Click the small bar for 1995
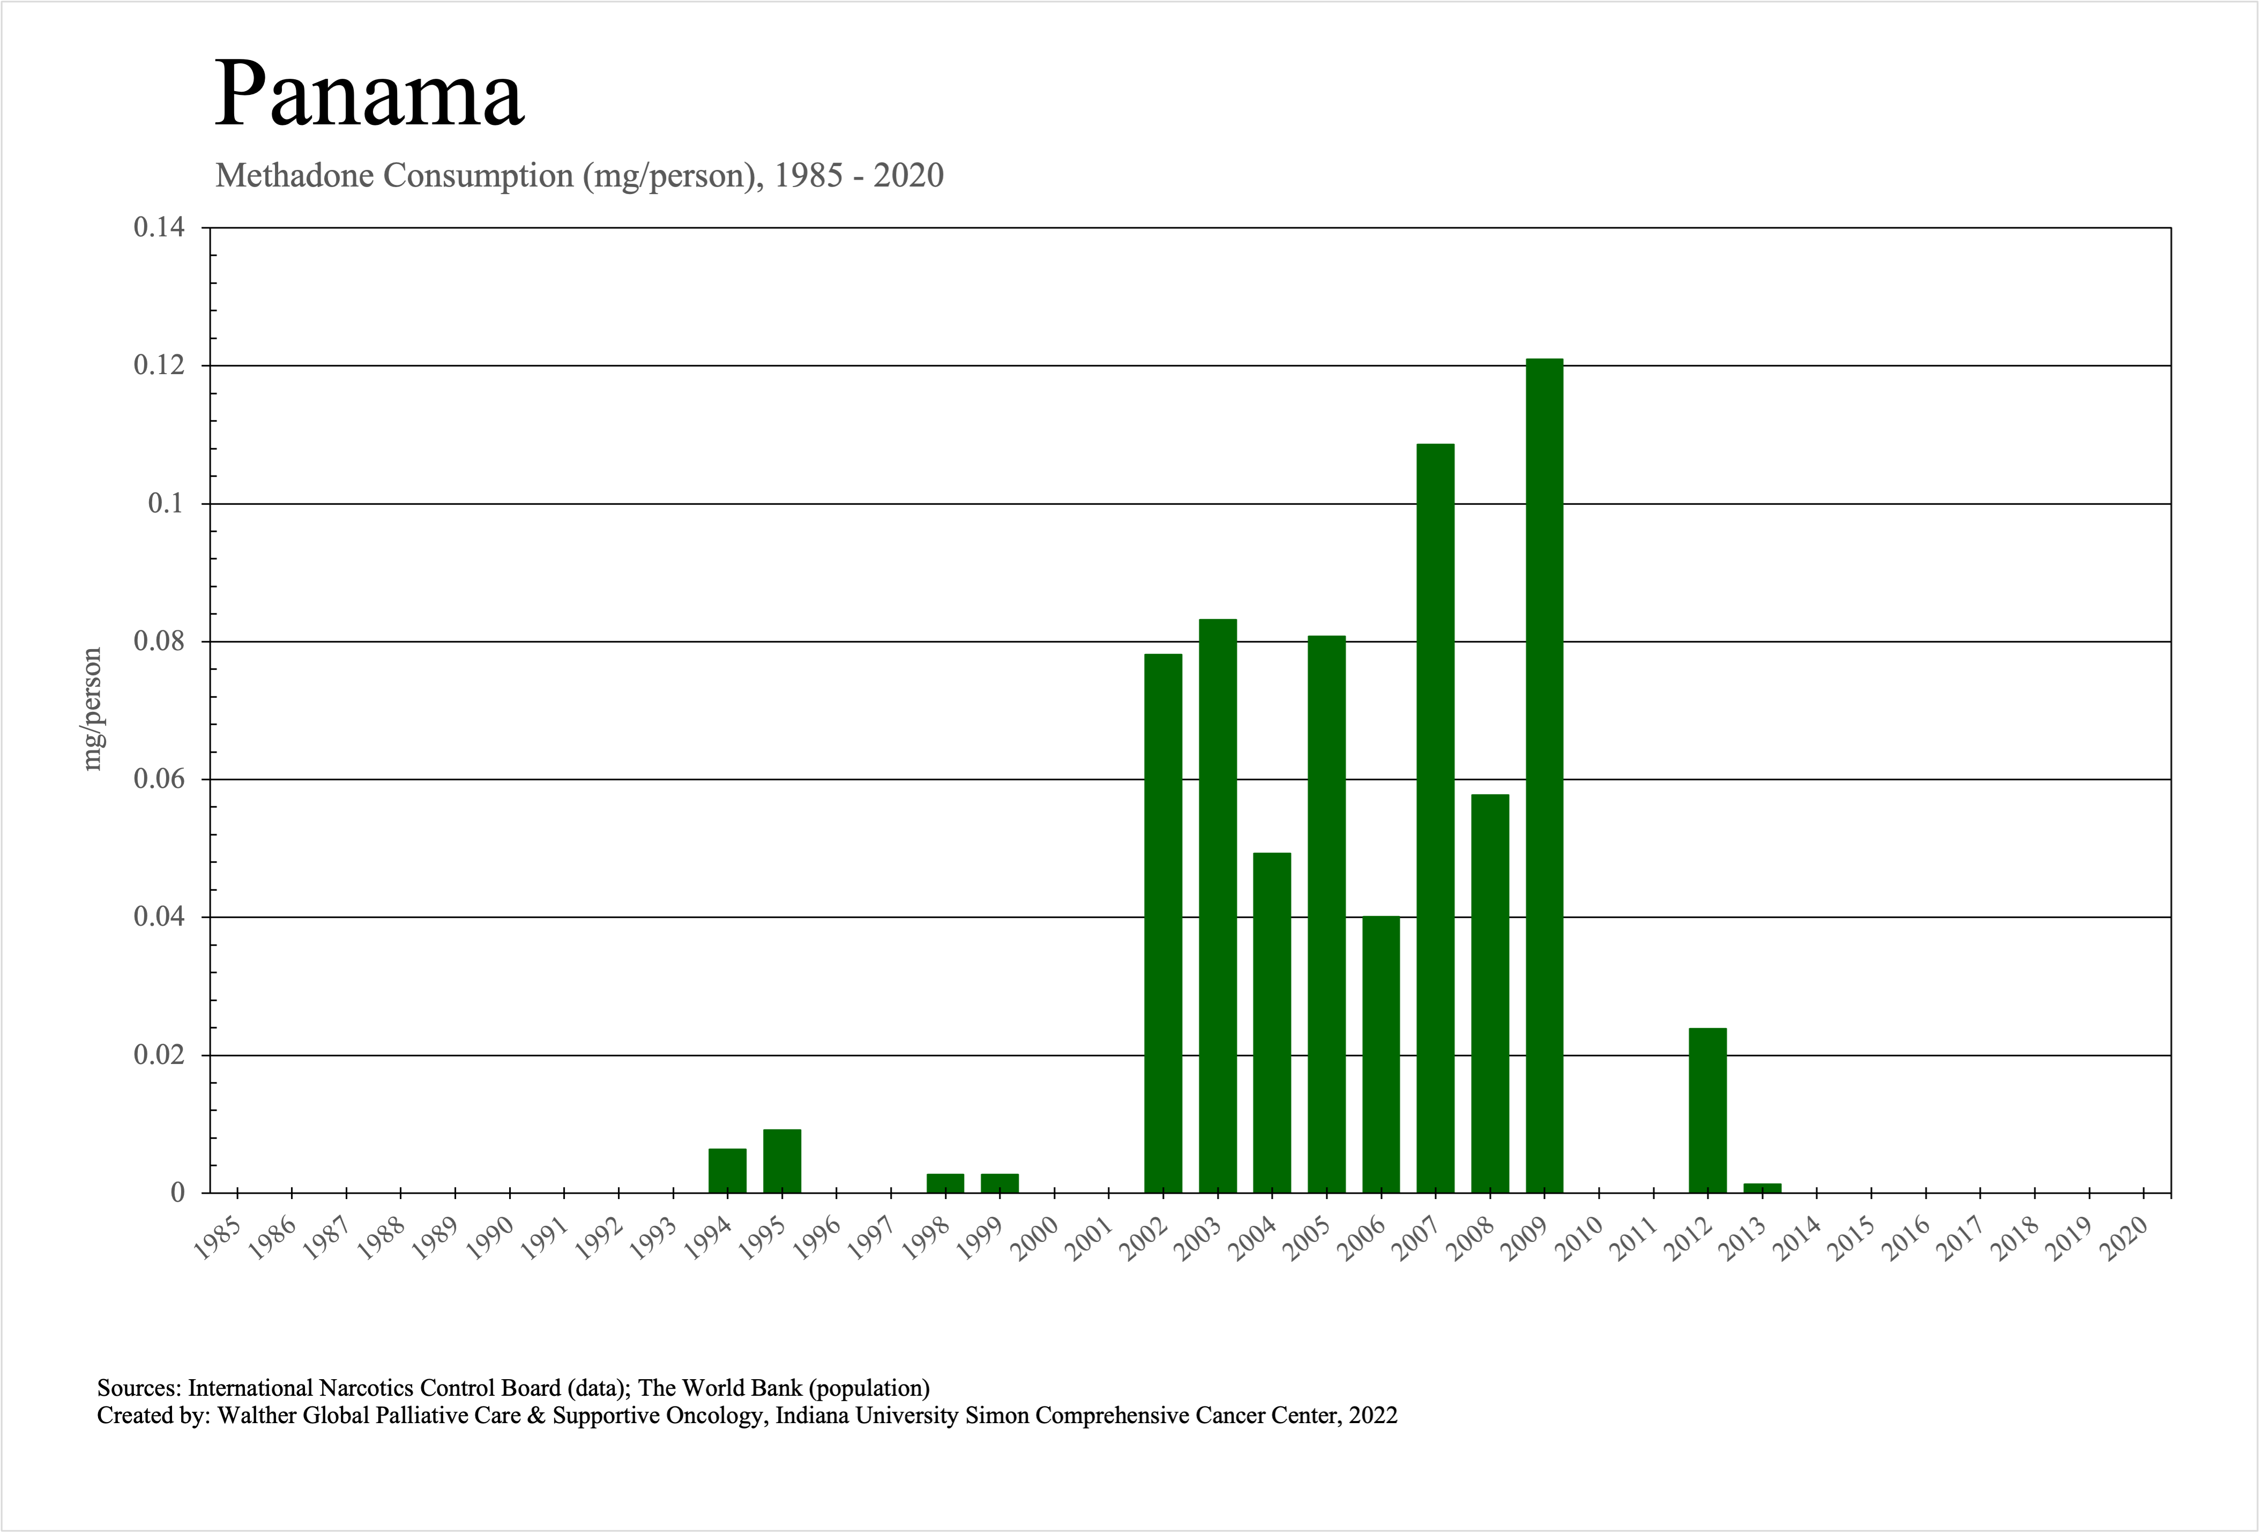[781, 1161]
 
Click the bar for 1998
[945, 1182]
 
